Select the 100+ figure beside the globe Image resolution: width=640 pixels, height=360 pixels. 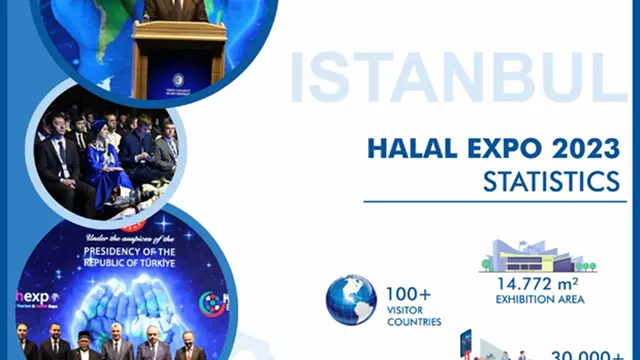(x=409, y=295)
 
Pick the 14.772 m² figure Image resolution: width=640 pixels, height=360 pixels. (x=539, y=283)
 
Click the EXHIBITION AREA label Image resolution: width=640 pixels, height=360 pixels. (x=539, y=298)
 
